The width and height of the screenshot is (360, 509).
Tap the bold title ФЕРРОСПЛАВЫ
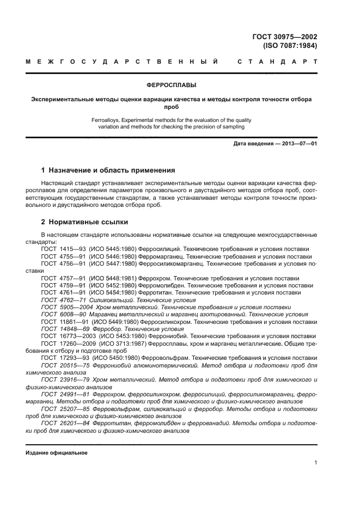coord(172,85)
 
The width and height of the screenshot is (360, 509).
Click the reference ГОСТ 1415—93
coord(63,249)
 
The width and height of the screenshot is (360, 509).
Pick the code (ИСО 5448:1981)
coord(113,278)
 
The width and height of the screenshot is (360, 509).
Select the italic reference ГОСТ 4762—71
coord(63,300)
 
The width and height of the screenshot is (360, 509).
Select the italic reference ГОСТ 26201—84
coord(63,423)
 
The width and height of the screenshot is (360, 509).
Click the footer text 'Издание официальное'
coord(57,452)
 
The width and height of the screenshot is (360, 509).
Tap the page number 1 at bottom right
coord(315,463)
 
